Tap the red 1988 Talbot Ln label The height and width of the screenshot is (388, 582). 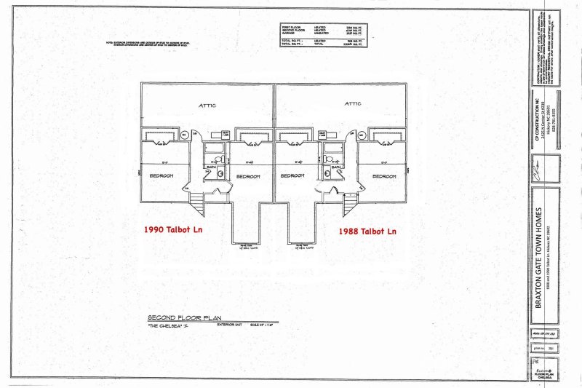point(368,231)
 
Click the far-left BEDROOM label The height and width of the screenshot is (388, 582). point(162,177)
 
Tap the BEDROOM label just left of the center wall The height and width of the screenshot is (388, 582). point(247,177)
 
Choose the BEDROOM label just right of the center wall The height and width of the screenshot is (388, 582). point(293,177)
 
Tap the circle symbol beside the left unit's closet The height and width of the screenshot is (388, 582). point(185,135)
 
